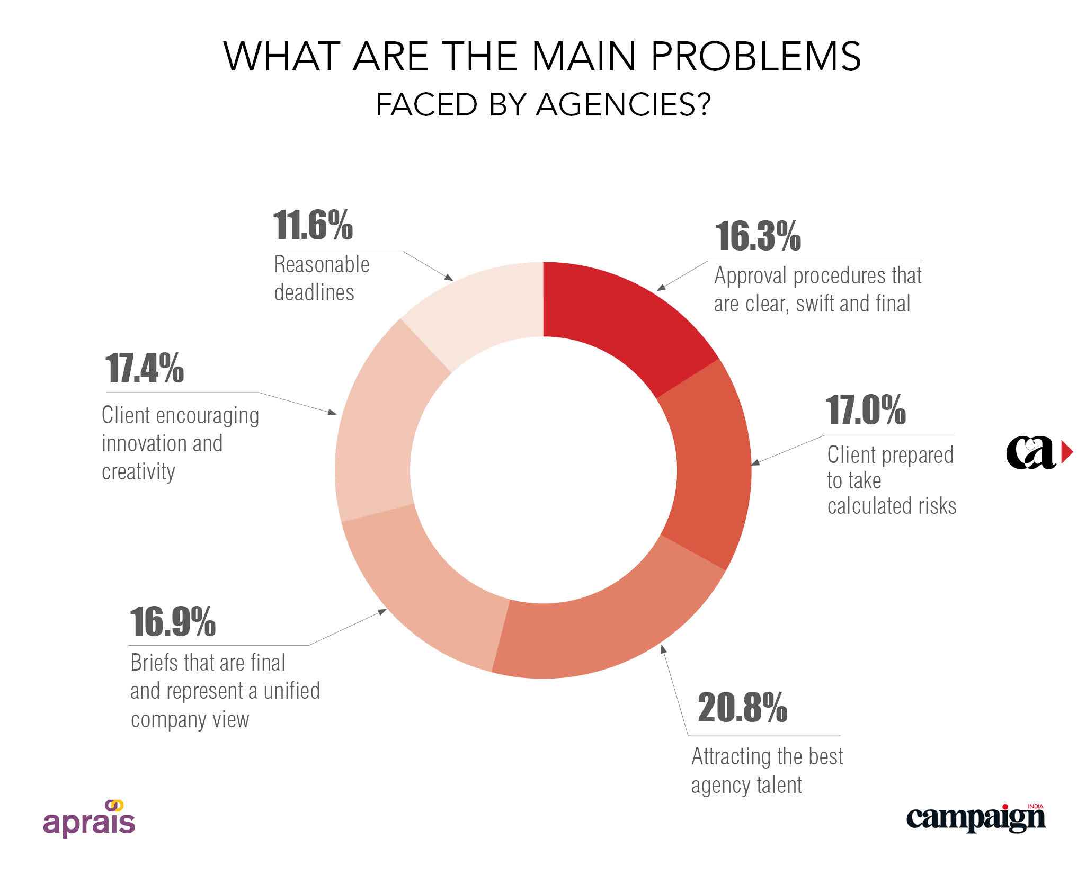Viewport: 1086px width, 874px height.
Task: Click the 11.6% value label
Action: (x=313, y=225)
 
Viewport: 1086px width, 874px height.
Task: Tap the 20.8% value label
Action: (x=742, y=708)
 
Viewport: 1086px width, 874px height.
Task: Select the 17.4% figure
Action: (x=144, y=368)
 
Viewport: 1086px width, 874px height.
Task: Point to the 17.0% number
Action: (x=866, y=410)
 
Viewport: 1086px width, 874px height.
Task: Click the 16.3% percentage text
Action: (x=758, y=236)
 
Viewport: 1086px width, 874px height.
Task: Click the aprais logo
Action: (x=89, y=818)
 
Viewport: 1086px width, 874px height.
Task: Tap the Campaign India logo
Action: (x=976, y=818)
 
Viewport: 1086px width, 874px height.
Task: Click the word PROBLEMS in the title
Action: (x=756, y=57)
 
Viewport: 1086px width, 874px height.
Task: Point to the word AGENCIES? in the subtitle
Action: (x=623, y=104)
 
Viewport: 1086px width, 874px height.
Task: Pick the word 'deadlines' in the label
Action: (x=314, y=292)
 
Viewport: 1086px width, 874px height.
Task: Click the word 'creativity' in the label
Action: (x=138, y=471)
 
